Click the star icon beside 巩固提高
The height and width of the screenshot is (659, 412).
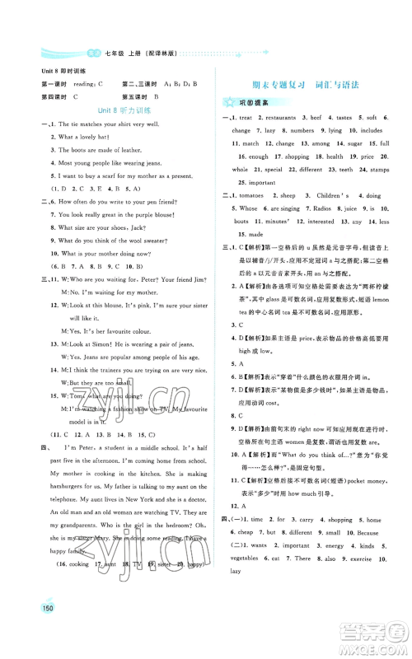click(x=227, y=102)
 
